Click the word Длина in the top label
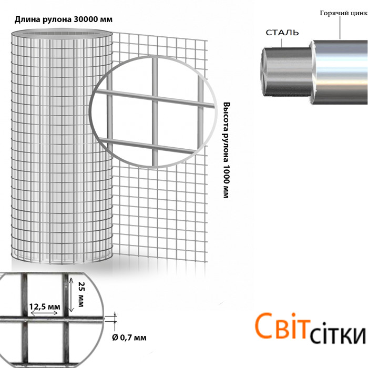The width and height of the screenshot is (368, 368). (x=25, y=19)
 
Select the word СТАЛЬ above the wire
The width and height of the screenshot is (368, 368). (x=282, y=33)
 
